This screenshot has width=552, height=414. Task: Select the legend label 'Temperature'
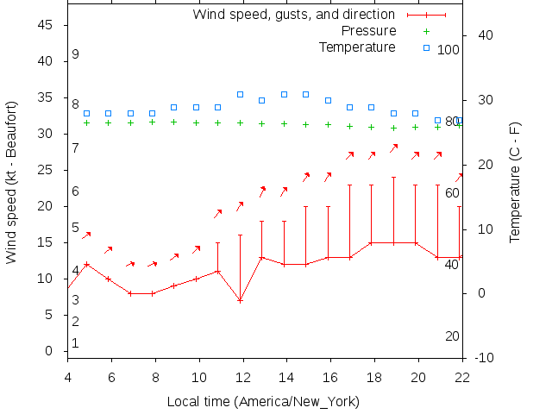pyautogui.click(x=357, y=47)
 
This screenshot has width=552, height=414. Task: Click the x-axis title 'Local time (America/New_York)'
pyautogui.click(x=263, y=402)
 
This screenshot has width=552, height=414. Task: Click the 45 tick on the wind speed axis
pyautogui.click(x=47, y=26)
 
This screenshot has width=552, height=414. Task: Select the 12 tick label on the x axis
pyautogui.click(x=243, y=376)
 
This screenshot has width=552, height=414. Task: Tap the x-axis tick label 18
pyautogui.click(x=374, y=376)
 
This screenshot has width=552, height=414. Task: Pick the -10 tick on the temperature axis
pyautogui.click(x=483, y=358)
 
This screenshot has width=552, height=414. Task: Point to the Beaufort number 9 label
pyautogui.click(x=76, y=54)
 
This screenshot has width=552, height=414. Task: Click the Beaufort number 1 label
pyautogui.click(x=76, y=343)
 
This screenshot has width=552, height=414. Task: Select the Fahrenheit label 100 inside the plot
pyautogui.click(x=448, y=50)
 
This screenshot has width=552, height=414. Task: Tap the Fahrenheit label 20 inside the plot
pyautogui.click(x=452, y=336)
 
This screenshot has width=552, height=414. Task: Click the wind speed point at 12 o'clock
pyautogui.click(x=240, y=300)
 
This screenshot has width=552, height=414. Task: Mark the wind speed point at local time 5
pyautogui.click(x=86, y=264)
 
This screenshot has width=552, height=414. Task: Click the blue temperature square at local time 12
pyautogui.click(x=240, y=95)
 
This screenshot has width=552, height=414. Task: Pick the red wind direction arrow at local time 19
pyautogui.click(x=393, y=148)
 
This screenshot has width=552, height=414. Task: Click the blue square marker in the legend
pyautogui.click(x=426, y=47)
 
